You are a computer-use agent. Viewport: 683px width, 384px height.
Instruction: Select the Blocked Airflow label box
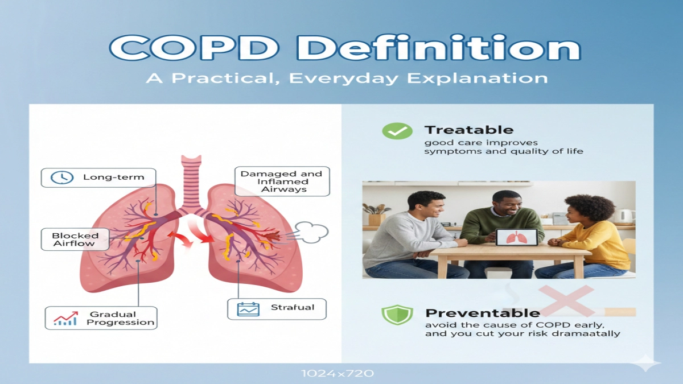[x=75, y=240]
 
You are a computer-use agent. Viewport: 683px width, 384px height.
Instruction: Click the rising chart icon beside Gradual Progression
[x=65, y=319]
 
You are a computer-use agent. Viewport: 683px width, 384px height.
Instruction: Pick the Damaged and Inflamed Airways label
[x=281, y=181]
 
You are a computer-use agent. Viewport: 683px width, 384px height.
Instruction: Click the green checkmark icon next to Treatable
[x=397, y=131]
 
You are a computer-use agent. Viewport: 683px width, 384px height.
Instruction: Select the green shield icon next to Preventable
[x=397, y=315]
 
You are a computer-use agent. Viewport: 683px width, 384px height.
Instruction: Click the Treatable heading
[x=469, y=130]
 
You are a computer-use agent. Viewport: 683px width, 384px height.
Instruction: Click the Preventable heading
[x=482, y=313]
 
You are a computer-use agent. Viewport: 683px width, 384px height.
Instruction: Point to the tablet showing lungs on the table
[x=516, y=237]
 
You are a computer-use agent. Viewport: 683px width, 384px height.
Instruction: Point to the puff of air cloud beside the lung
[x=313, y=232]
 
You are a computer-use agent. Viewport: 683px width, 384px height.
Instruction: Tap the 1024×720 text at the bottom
[x=338, y=374]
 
